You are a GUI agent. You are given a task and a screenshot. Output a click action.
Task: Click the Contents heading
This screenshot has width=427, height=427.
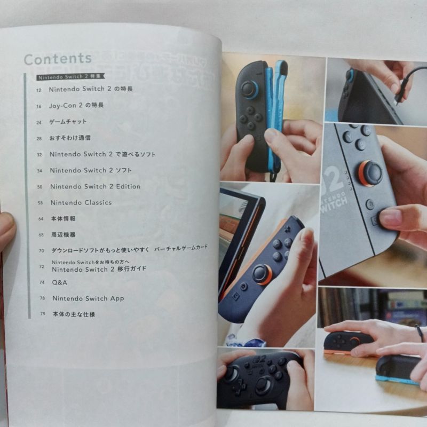point(58,59)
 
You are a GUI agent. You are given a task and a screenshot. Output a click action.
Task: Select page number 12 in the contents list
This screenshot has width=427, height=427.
point(38,90)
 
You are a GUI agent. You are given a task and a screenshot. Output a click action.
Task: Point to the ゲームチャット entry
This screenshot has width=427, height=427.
point(68,122)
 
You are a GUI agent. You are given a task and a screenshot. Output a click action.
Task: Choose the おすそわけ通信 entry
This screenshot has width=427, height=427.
point(70,138)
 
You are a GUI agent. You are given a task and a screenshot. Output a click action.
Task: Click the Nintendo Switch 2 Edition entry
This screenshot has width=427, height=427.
point(95,186)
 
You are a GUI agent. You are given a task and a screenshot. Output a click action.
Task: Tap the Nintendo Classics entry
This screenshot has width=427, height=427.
point(81,202)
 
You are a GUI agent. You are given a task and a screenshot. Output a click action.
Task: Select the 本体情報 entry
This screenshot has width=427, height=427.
point(64,219)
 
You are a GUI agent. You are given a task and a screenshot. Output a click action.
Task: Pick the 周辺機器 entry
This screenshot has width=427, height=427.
point(64,235)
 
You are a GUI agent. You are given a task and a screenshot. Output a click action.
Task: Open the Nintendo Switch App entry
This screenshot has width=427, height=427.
point(88,298)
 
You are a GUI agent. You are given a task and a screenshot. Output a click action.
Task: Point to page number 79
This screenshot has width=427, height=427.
point(42,314)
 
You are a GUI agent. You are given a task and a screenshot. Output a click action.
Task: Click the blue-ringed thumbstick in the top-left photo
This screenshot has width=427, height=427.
point(249,89)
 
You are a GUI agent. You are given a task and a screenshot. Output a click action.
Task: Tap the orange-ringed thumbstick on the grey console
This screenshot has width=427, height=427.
point(370,173)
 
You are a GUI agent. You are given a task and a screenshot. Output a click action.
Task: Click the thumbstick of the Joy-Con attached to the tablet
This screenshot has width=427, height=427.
point(262,274)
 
